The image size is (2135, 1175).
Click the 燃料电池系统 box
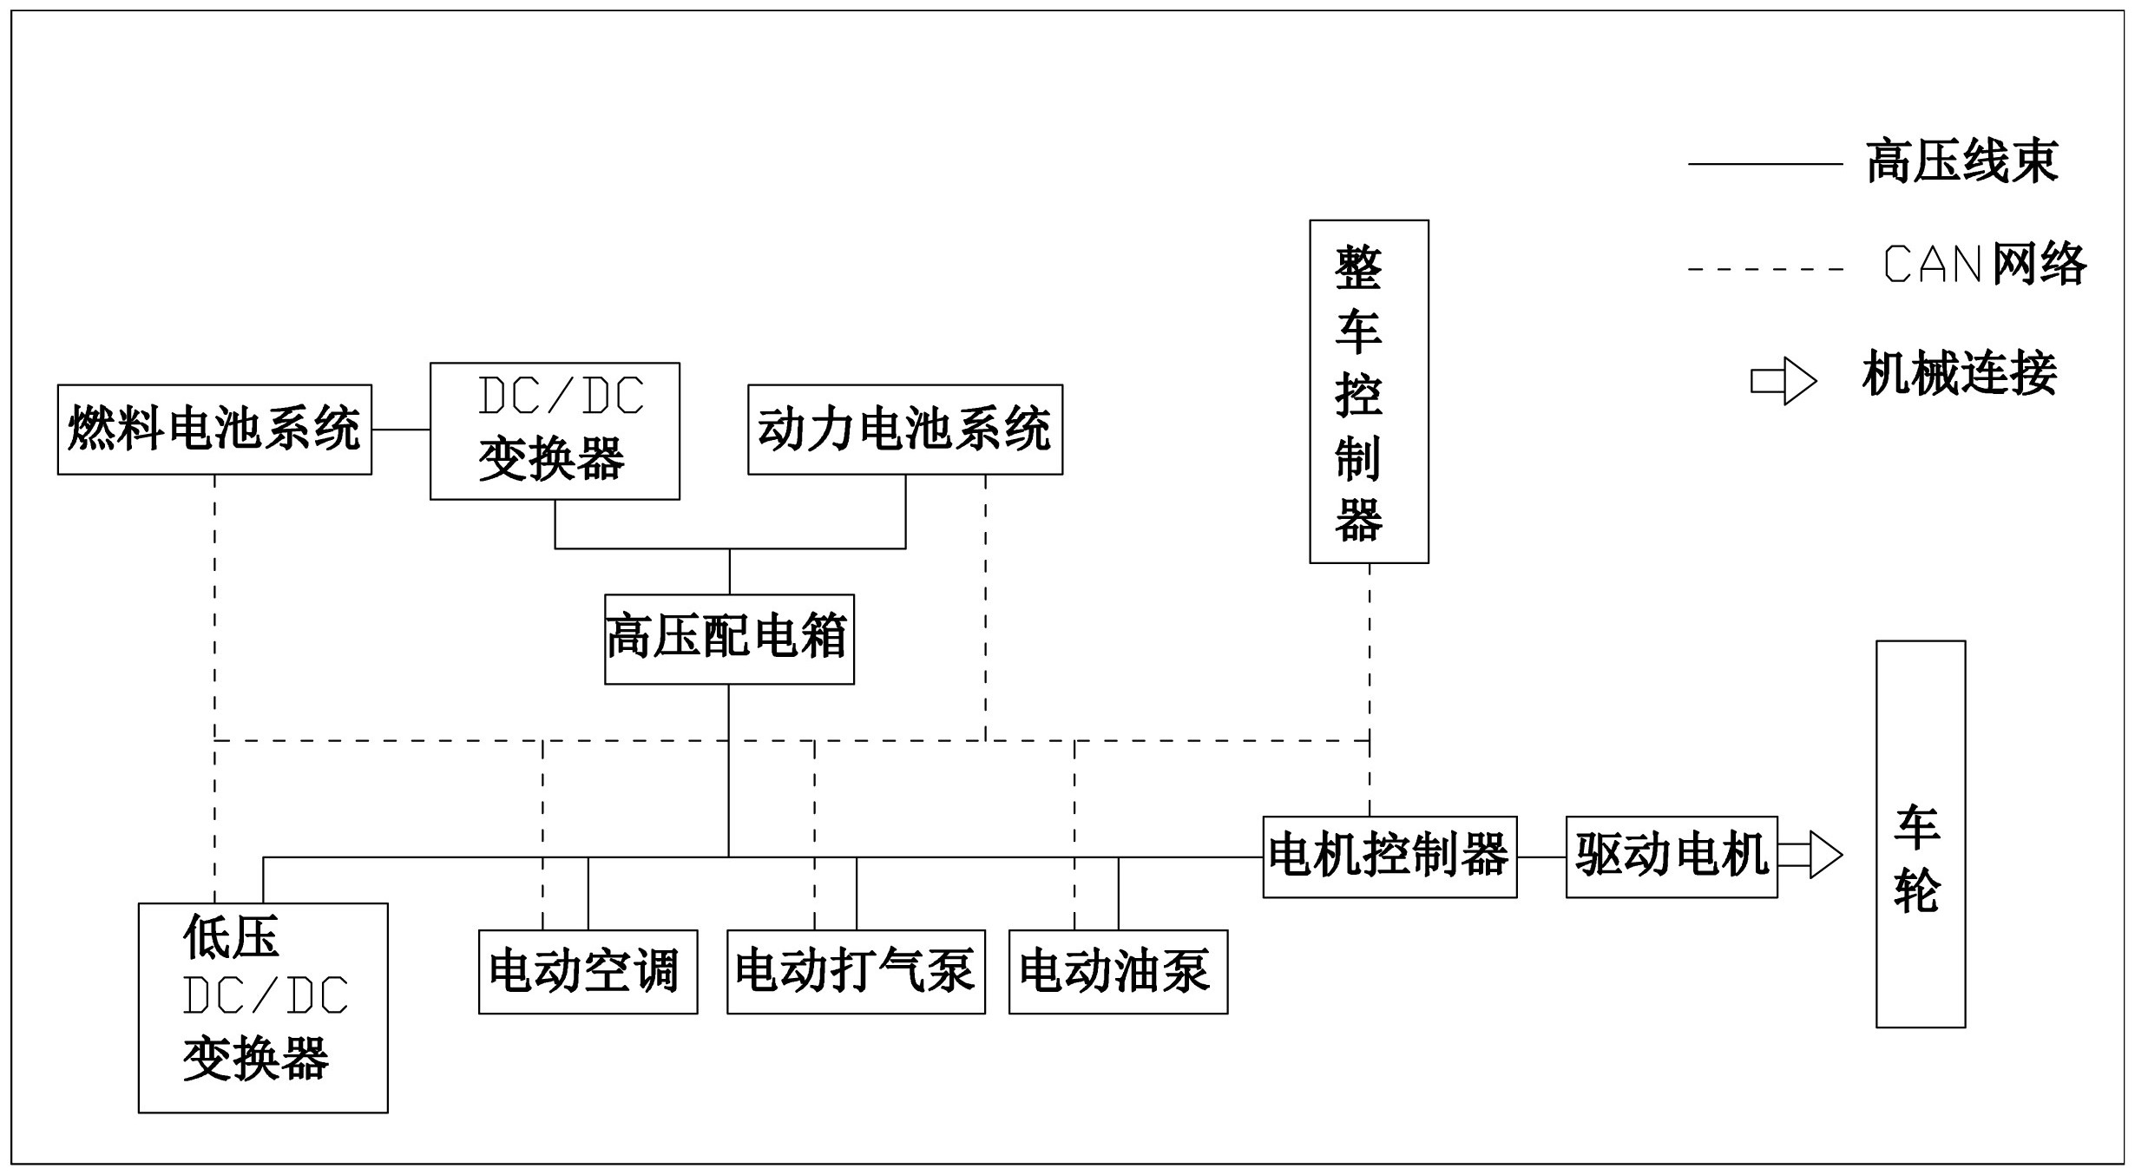click(x=214, y=430)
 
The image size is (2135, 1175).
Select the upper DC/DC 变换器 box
click(x=555, y=431)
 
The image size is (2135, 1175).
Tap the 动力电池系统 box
click(x=905, y=430)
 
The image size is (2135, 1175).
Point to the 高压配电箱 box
click(x=729, y=639)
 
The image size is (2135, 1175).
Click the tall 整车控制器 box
click(x=1369, y=391)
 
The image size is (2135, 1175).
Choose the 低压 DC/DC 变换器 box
click(x=263, y=1008)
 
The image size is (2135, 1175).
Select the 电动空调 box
click(x=588, y=972)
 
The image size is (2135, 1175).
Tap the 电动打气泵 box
click(x=856, y=972)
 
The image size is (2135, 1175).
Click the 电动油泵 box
click(x=1118, y=972)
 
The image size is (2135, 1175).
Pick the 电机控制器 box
click(x=1389, y=857)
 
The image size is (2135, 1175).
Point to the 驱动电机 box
click(x=1672, y=857)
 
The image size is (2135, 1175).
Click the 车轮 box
click(x=1920, y=834)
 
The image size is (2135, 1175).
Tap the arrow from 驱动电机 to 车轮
click(x=1810, y=855)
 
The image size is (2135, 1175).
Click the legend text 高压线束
click(x=1962, y=162)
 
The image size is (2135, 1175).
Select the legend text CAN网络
click(x=1985, y=264)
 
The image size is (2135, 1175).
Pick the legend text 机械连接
click(x=1960, y=374)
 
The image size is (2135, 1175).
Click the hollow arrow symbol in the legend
click(x=1784, y=381)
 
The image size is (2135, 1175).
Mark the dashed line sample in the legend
click(x=1765, y=269)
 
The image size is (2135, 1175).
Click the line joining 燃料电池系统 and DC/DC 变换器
click(x=401, y=430)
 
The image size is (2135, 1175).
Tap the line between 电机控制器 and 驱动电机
click(x=1541, y=857)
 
